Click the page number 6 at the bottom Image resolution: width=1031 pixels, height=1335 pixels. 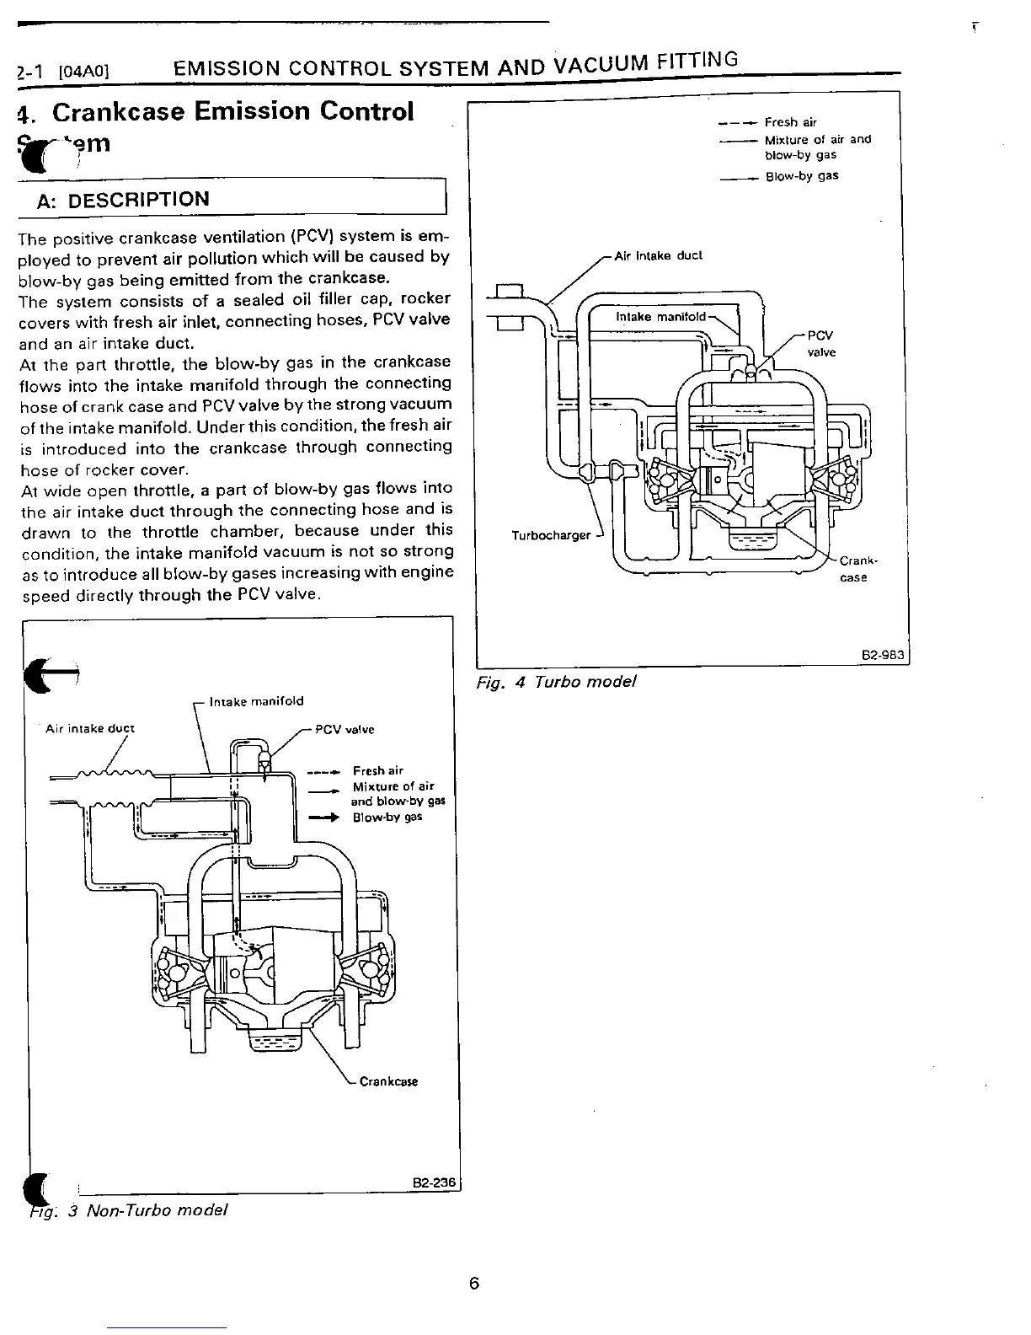click(x=473, y=1284)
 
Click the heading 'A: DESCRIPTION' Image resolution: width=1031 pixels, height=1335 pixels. click(x=123, y=200)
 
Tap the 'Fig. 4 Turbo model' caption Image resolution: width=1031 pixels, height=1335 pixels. click(x=556, y=681)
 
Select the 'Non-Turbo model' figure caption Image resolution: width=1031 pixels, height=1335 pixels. click(x=158, y=1210)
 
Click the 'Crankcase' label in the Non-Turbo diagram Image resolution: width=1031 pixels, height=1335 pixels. click(x=388, y=1081)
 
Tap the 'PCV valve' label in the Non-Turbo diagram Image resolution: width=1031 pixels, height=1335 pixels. click(x=345, y=730)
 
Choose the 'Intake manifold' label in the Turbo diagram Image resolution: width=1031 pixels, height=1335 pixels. click(x=660, y=317)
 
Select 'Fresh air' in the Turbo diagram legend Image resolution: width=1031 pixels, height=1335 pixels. click(x=790, y=122)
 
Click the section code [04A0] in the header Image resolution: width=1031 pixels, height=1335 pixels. click(x=84, y=72)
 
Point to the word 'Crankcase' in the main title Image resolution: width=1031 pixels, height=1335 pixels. click(x=117, y=111)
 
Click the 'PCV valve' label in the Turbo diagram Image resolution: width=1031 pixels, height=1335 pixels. click(x=821, y=343)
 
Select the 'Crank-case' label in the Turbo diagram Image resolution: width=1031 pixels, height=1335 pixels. click(x=856, y=569)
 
